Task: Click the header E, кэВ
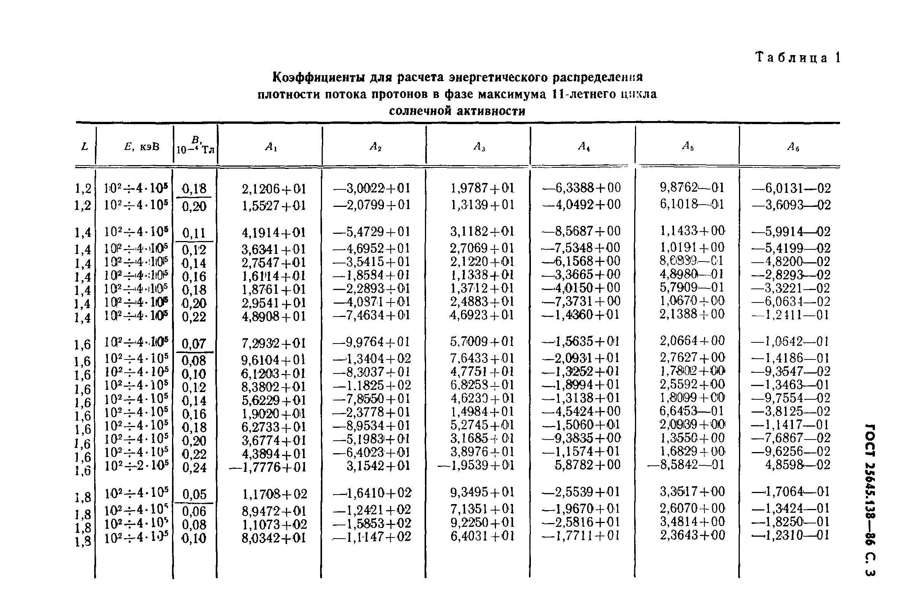tap(142, 147)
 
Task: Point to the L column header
tap(84, 147)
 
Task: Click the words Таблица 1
tap(798, 58)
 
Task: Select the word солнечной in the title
tap(420, 111)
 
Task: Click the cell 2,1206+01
tap(274, 189)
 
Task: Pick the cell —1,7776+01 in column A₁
tap(268, 467)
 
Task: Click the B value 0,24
tap(194, 468)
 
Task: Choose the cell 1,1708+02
tap(275, 494)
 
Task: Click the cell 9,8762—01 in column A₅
tap(692, 187)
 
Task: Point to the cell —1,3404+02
tap(372, 359)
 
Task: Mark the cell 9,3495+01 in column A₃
tap(482, 492)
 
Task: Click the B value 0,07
tap(194, 344)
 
